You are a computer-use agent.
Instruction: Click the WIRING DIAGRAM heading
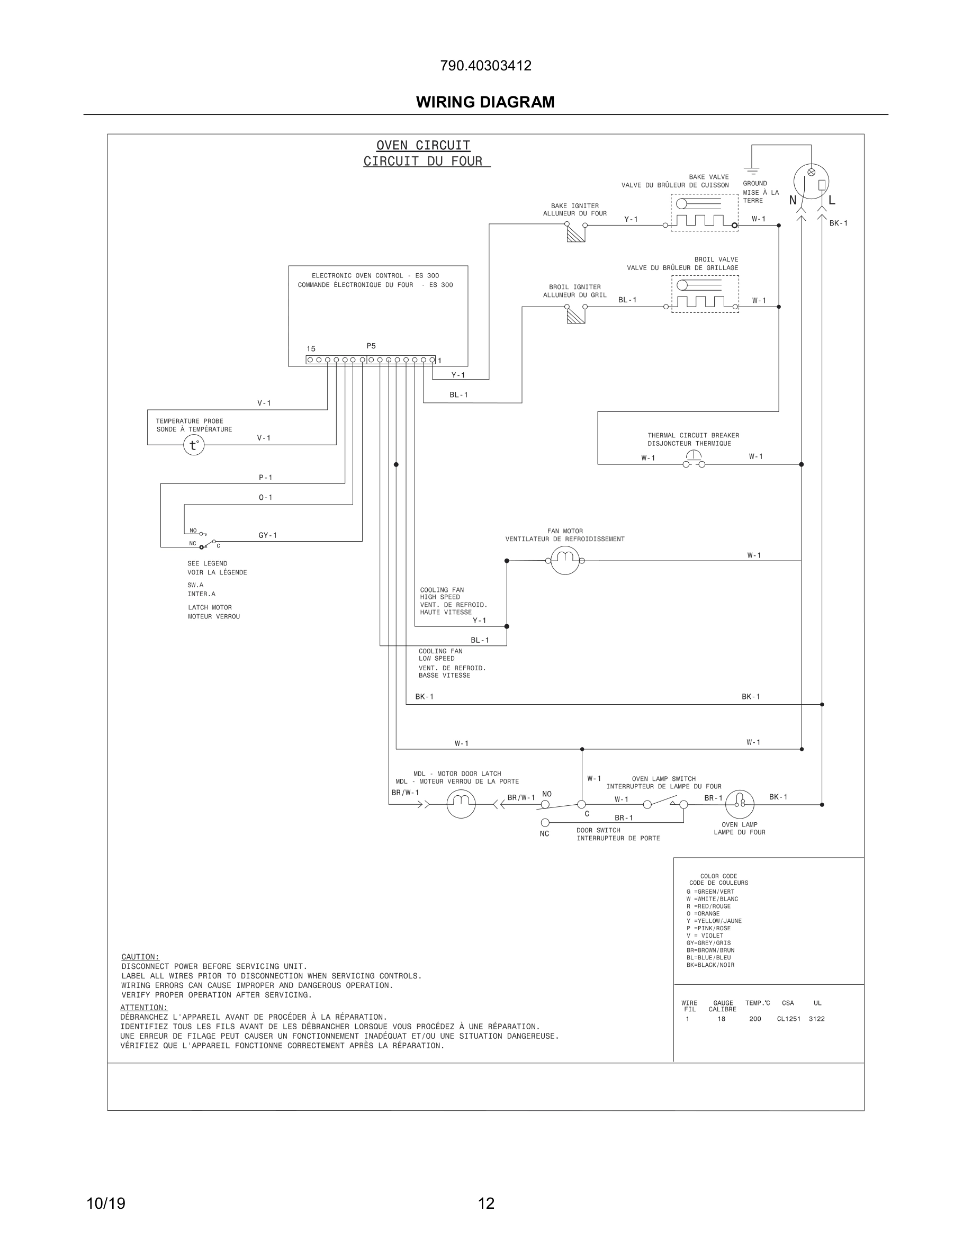point(485,102)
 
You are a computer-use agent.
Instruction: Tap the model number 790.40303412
point(485,66)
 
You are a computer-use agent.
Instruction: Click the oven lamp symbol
point(740,804)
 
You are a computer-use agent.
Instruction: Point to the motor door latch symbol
point(461,804)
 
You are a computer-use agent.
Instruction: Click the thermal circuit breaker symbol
point(694,459)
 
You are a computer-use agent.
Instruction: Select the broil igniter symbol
point(576,314)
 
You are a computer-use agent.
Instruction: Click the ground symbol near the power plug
point(751,170)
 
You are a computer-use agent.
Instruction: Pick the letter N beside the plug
point(793,201)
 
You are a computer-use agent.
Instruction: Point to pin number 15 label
point(310,348)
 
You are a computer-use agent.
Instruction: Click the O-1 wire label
point(265,497)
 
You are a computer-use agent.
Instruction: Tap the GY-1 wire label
point(268,535)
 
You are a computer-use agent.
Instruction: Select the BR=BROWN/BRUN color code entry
point(710,950)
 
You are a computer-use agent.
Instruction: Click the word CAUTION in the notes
point(140,957)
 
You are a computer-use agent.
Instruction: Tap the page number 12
point(486,1203)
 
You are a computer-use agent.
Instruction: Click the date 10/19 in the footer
point(106,1203)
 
